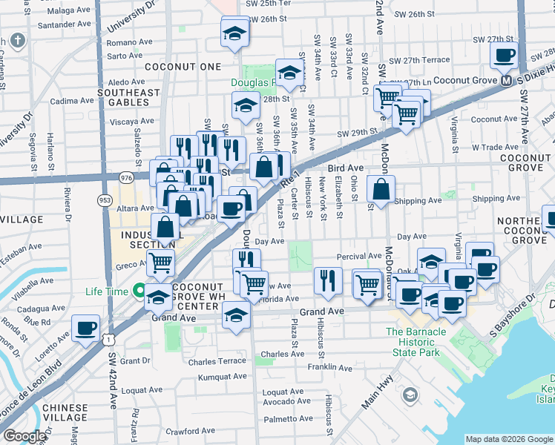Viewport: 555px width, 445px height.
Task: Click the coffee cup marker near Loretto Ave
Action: (86, 327)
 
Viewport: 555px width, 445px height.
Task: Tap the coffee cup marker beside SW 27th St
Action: (505, 55)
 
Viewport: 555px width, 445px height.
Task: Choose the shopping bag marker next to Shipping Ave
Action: (381, 188)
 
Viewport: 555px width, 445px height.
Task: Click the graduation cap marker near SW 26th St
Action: (235, 33)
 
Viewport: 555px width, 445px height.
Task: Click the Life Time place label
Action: (106, 291)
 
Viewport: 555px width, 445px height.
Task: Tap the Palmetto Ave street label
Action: (289, 418)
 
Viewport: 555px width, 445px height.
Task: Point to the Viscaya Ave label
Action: (131, 120)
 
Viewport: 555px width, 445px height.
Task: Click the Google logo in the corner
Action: (24, 436)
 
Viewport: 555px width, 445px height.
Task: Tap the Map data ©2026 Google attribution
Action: (508, 439)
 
